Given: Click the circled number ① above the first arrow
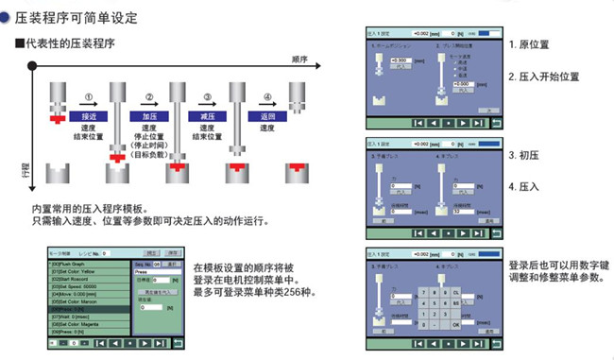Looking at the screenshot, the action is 90,97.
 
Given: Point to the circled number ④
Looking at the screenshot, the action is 267,97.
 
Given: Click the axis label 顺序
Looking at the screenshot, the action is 301,59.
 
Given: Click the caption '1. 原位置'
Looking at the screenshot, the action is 530,44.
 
